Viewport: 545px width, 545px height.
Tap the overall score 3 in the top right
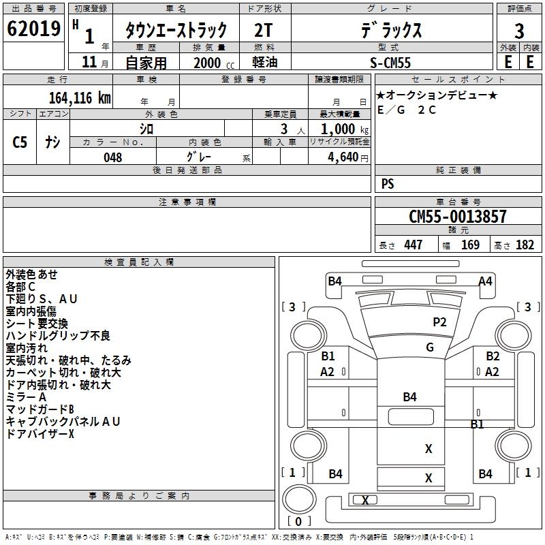519,31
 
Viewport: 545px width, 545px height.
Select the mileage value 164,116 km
79,97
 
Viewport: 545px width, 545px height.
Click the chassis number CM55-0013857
458,217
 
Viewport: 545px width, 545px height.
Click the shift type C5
20,142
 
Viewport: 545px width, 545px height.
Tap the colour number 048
113,157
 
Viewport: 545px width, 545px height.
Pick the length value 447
413,245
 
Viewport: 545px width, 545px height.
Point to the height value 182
525,245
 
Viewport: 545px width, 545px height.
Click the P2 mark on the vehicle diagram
439,322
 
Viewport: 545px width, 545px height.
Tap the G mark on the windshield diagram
429,347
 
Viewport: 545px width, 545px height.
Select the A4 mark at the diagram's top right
485,281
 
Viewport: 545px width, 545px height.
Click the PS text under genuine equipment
388,183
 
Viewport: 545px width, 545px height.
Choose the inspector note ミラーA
26,397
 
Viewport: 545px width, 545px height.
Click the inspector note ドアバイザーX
40,434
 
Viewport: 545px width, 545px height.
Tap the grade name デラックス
391,31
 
